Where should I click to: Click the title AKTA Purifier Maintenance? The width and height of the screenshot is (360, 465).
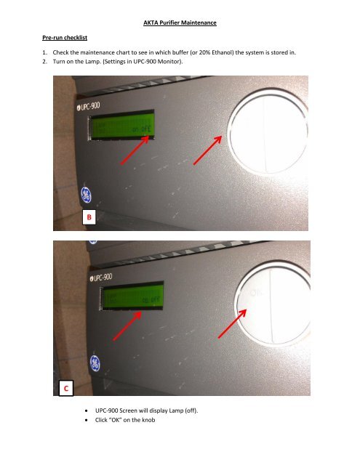coord(180,24)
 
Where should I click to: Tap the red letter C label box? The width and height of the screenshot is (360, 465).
coord(66,389)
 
